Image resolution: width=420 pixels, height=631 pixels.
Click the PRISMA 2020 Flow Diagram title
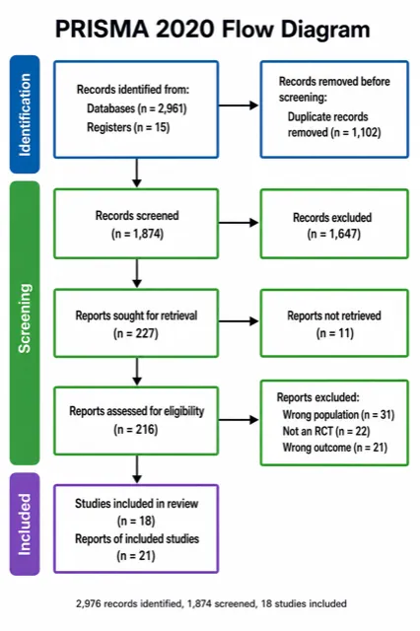click(212, 30)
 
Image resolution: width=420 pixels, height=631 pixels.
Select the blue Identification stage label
click(25, 114)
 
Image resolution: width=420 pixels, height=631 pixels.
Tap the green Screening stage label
click(25, 322)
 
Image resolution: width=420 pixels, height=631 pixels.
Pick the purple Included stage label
click(25, 524)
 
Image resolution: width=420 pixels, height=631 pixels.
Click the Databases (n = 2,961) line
click(137, 108)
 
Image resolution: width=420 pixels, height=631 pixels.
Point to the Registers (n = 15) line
click(128, 127)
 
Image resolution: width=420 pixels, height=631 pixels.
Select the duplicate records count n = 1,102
click(356, 132)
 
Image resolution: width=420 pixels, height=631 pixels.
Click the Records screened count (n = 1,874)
click(137, 234)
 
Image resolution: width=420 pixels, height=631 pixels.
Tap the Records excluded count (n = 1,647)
click(334, 234)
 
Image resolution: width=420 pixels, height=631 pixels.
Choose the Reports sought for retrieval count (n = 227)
click(136, 333)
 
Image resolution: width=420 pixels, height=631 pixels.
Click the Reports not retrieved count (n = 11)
click(334, 333)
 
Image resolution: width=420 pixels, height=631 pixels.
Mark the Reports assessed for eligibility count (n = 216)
click(136, 430)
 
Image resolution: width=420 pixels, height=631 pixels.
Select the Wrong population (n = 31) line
click(338, 414)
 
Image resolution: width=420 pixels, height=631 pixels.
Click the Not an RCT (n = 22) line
click(326, 431)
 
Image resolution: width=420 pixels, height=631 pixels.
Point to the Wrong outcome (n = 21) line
click(334, 448)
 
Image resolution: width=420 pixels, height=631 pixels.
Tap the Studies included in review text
click(136, 504)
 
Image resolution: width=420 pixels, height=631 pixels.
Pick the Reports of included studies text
click(137, 538)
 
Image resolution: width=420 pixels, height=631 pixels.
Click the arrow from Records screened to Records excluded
click(239, 223)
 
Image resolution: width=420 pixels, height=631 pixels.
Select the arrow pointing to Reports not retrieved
click(239, 321)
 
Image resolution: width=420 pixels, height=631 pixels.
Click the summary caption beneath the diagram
click(211, 603)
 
